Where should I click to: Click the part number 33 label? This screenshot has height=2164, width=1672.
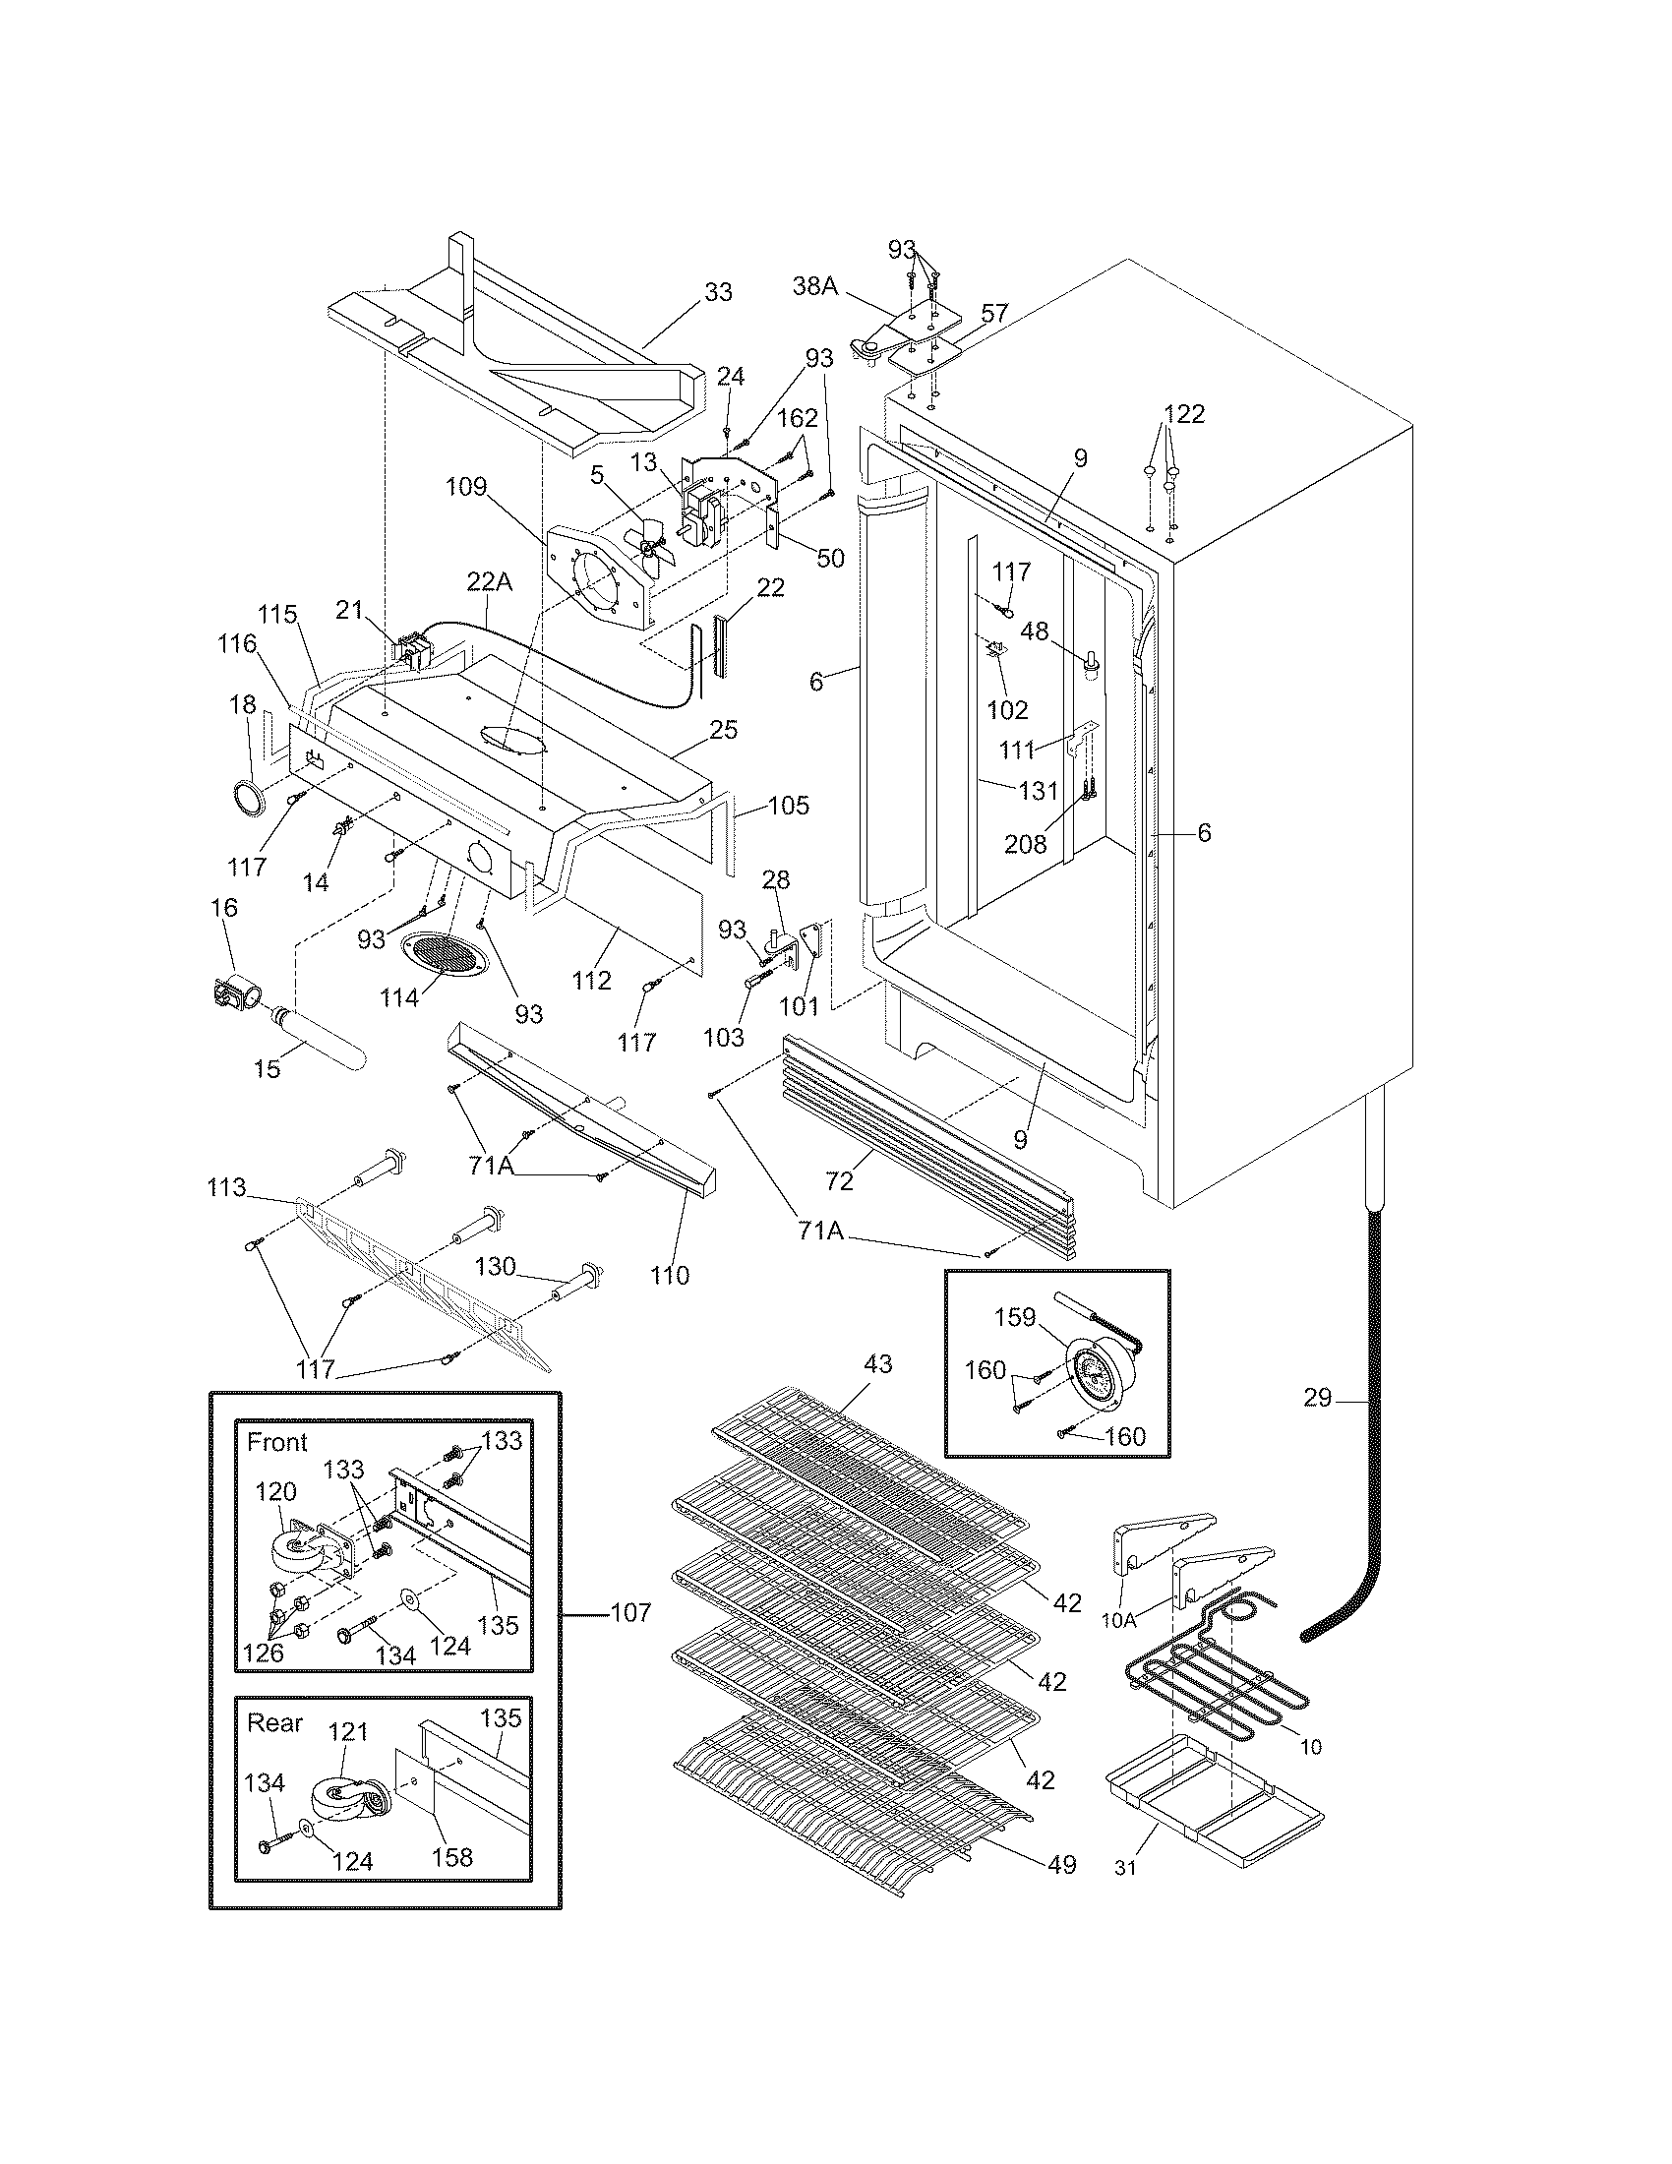[718, 292]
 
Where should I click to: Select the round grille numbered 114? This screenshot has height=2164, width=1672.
[447, 957]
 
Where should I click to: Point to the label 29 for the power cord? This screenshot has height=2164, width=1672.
[1317, 1399]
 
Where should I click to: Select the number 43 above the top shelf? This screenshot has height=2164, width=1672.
[877, 1364]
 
